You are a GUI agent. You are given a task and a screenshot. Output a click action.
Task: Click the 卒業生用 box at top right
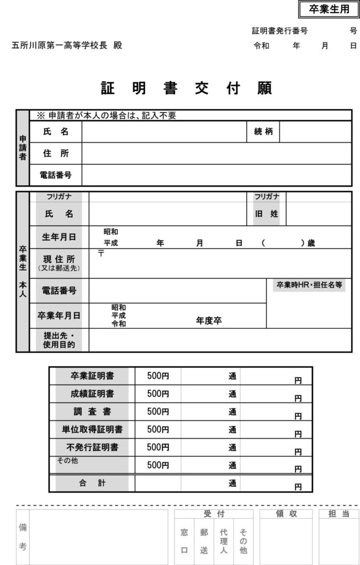(x=329, y=9)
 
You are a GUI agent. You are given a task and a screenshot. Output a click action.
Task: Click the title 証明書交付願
(x=186, y=88)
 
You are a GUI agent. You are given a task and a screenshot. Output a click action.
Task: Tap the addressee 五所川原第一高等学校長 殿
(x=67, y=46)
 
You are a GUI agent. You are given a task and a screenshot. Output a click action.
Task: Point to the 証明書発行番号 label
(x=279, y=31)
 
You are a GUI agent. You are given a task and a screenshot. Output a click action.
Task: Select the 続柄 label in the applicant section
(x=263, y=132)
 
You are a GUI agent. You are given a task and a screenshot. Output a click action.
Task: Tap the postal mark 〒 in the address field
(x=101, y=254)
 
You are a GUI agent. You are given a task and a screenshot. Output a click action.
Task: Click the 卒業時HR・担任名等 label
(x=309, y=285)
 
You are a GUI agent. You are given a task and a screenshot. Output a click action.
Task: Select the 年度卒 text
(x=209, y=320)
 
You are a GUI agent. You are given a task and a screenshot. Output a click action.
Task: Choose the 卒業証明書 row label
(x=92, y=376)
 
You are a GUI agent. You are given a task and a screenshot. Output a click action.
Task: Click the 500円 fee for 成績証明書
(x=158, y=393)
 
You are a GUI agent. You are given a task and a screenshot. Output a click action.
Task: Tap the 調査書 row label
(x=92, y=411)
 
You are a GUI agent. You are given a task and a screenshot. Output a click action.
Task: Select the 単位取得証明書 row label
(x=92, y=429)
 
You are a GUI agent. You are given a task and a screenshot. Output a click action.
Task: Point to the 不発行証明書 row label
(x=92, y=446)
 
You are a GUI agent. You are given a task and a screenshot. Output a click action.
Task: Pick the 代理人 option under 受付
(x=224, y=541)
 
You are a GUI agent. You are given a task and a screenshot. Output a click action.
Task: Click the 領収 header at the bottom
(x=287, y=514)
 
